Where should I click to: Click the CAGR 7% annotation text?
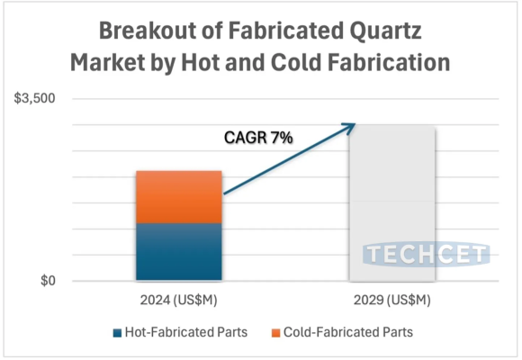[x=258, y=138]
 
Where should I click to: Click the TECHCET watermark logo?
[x=427, y=255]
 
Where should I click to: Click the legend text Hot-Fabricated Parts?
[x=185, y=333]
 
